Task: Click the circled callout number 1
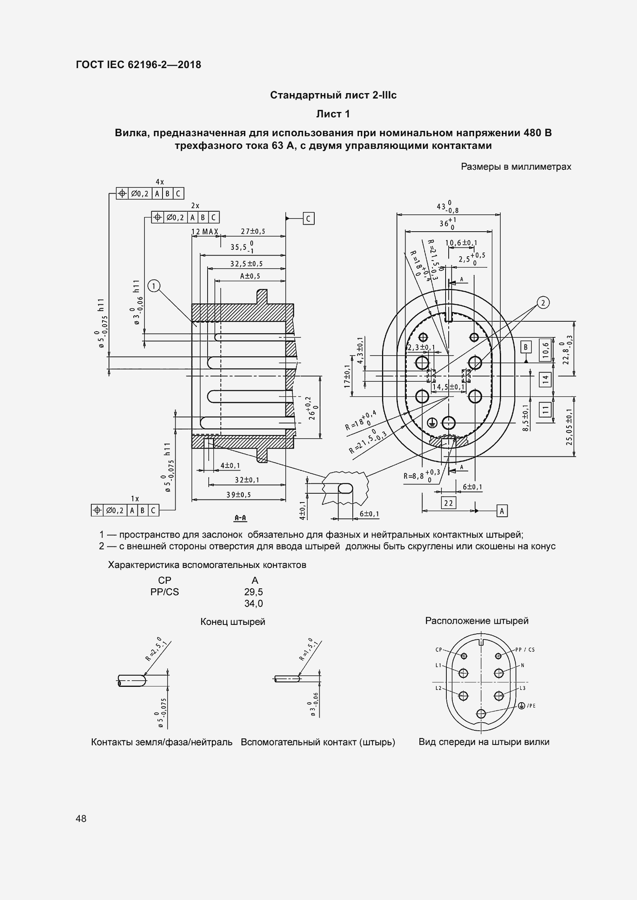point(154,286)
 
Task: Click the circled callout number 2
point(543,302)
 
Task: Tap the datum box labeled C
point(308,218)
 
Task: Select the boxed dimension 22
point(448,503)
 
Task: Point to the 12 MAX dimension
point(205,232)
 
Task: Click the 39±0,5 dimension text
point(238,495)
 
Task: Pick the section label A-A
point(240,518)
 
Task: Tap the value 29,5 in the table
point(253,592)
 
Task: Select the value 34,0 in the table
point(253,603)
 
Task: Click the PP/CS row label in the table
point(164,592)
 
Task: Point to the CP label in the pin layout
point(439,650)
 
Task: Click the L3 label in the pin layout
point(523,688)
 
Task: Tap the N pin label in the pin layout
point(523,665)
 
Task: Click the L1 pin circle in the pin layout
point(463,673)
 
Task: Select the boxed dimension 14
point(545,379)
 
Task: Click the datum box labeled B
point(526,347)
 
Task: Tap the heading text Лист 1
point(333,114)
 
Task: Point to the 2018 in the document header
point(189,65)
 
